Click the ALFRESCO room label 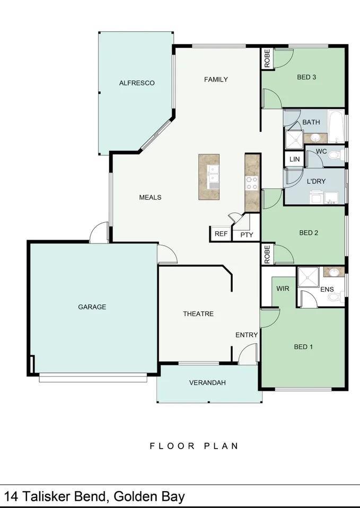pyautogui.click(x=136, y=83)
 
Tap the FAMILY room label pyautogui.click(x=216, y=80)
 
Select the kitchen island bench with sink pyautogui.click(x=209, y=177)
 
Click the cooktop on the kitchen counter pyautogui.click(x=251, y=183)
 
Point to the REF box pyautogui.click(x=220, y=234)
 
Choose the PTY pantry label pyautogui.click(x=247, y=234)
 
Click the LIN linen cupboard pyautogui.click(x=294, y=159)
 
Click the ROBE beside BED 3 pyautogui.click(x=267, y=59)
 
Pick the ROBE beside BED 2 pyautogui.click(x=267, y=255)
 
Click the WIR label pyautogui.click(x=282, y=289)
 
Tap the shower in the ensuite pyautogui.click(x=307, y=277)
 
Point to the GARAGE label pyautogui.click(x=92, y=307)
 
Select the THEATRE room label pyautogui.click(x=198, y=314)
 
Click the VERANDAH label pyautogui.click(x=208, y=383)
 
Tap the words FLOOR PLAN pyautogui.click(x=194, y=446)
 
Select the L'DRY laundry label pyautogui.click(x=316, y=181)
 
